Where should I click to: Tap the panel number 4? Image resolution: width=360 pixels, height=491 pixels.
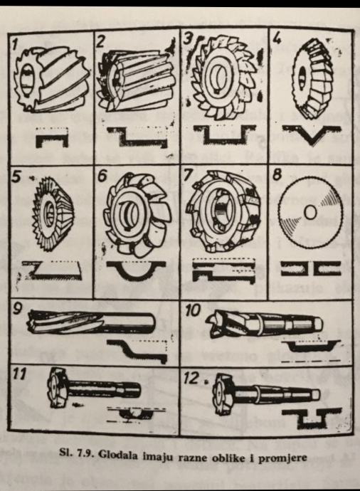276,39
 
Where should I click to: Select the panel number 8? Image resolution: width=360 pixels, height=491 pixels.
277,174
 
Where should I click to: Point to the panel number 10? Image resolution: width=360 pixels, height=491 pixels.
193,311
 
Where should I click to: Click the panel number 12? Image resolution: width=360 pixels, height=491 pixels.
191,379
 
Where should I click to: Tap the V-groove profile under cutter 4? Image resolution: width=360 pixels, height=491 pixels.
312,134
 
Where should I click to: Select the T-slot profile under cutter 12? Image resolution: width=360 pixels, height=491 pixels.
312,418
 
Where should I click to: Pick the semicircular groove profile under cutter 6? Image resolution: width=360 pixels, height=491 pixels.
136,270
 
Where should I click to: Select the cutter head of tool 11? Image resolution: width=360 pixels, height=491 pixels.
58,387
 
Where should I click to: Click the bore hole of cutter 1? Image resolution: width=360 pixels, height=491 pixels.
26,78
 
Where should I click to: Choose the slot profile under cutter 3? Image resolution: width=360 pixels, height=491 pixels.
224,134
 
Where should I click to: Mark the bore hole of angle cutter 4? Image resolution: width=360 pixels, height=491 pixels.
302,77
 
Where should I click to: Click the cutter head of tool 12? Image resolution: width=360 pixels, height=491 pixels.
223,392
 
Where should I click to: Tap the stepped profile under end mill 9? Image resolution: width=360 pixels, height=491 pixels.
137,351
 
